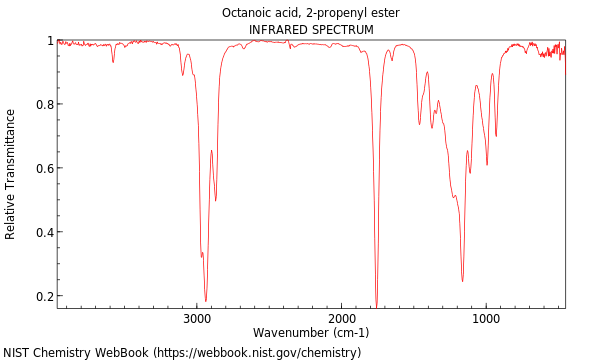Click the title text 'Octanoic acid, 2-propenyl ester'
click(311, 13)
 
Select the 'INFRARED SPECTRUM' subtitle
click(311, 30)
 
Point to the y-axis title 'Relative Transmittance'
click(11, 174)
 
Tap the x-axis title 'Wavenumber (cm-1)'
click(311, 332)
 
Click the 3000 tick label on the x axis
click(197, 318)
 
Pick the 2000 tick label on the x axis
click(342, 318)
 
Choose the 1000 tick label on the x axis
click(487, 318)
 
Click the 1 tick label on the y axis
click(49, 41)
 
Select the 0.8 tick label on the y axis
click(44, 104)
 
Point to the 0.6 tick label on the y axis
click(44, 168)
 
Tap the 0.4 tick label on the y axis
click(44, 232)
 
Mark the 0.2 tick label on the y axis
click(44, 296)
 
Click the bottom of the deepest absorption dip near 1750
click(376, 305)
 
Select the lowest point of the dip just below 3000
click(206, 300)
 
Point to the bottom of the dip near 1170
click(462, 281)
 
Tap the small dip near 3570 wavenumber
click(113, 62)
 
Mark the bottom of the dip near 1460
click(419, 124)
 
